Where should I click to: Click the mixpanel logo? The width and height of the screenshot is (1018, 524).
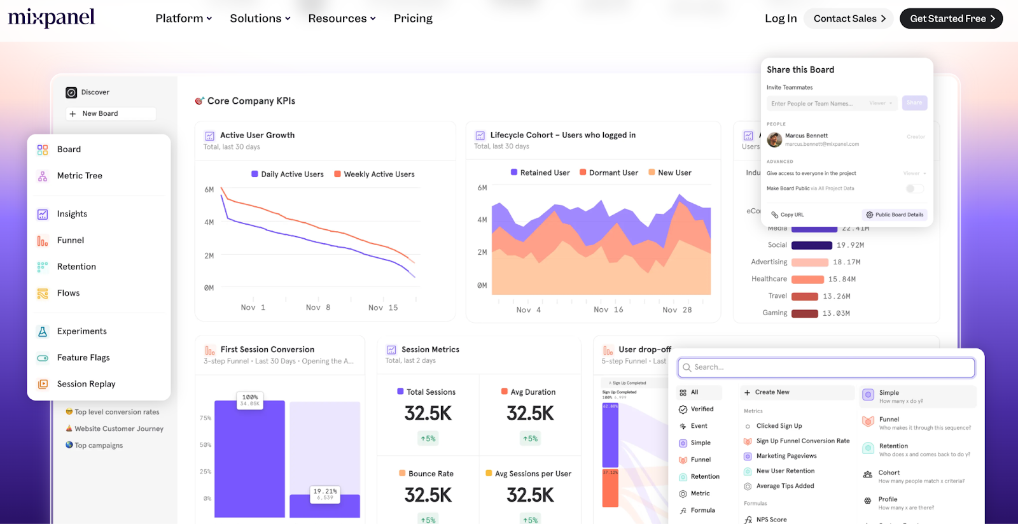(x=52, y=18)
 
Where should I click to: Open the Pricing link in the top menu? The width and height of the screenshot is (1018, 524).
(x=413, y=18)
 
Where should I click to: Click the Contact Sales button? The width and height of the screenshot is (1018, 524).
(x=849, y=18)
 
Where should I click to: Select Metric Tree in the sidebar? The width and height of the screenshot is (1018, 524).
(x=80, y=176)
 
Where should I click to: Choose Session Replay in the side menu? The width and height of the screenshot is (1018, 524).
(x=86, y=384)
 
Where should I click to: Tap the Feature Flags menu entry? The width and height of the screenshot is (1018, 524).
(x=83, y=358)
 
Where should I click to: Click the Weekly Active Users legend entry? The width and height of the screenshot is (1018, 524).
(x=379, y=174)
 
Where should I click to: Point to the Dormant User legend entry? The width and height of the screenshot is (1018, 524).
(x=613, y=173)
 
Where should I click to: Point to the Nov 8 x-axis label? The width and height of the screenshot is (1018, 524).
(x=318, y=308)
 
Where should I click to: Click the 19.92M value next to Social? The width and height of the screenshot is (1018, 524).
(x=850, y=245)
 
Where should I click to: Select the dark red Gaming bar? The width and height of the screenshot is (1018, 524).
(x=805, y=313)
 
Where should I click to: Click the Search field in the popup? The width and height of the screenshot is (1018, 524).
(x=827, y=367)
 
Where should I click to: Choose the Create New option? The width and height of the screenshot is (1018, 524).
(x=772, y=392)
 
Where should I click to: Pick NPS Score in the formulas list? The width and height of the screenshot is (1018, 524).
(x=771, y=520)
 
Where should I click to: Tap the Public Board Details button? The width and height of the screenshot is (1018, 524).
(x=895, y=215)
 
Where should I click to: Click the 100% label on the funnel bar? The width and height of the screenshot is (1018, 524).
(x=250, y=397)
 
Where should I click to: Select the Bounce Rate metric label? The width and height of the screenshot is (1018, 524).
(x=431, y=474)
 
